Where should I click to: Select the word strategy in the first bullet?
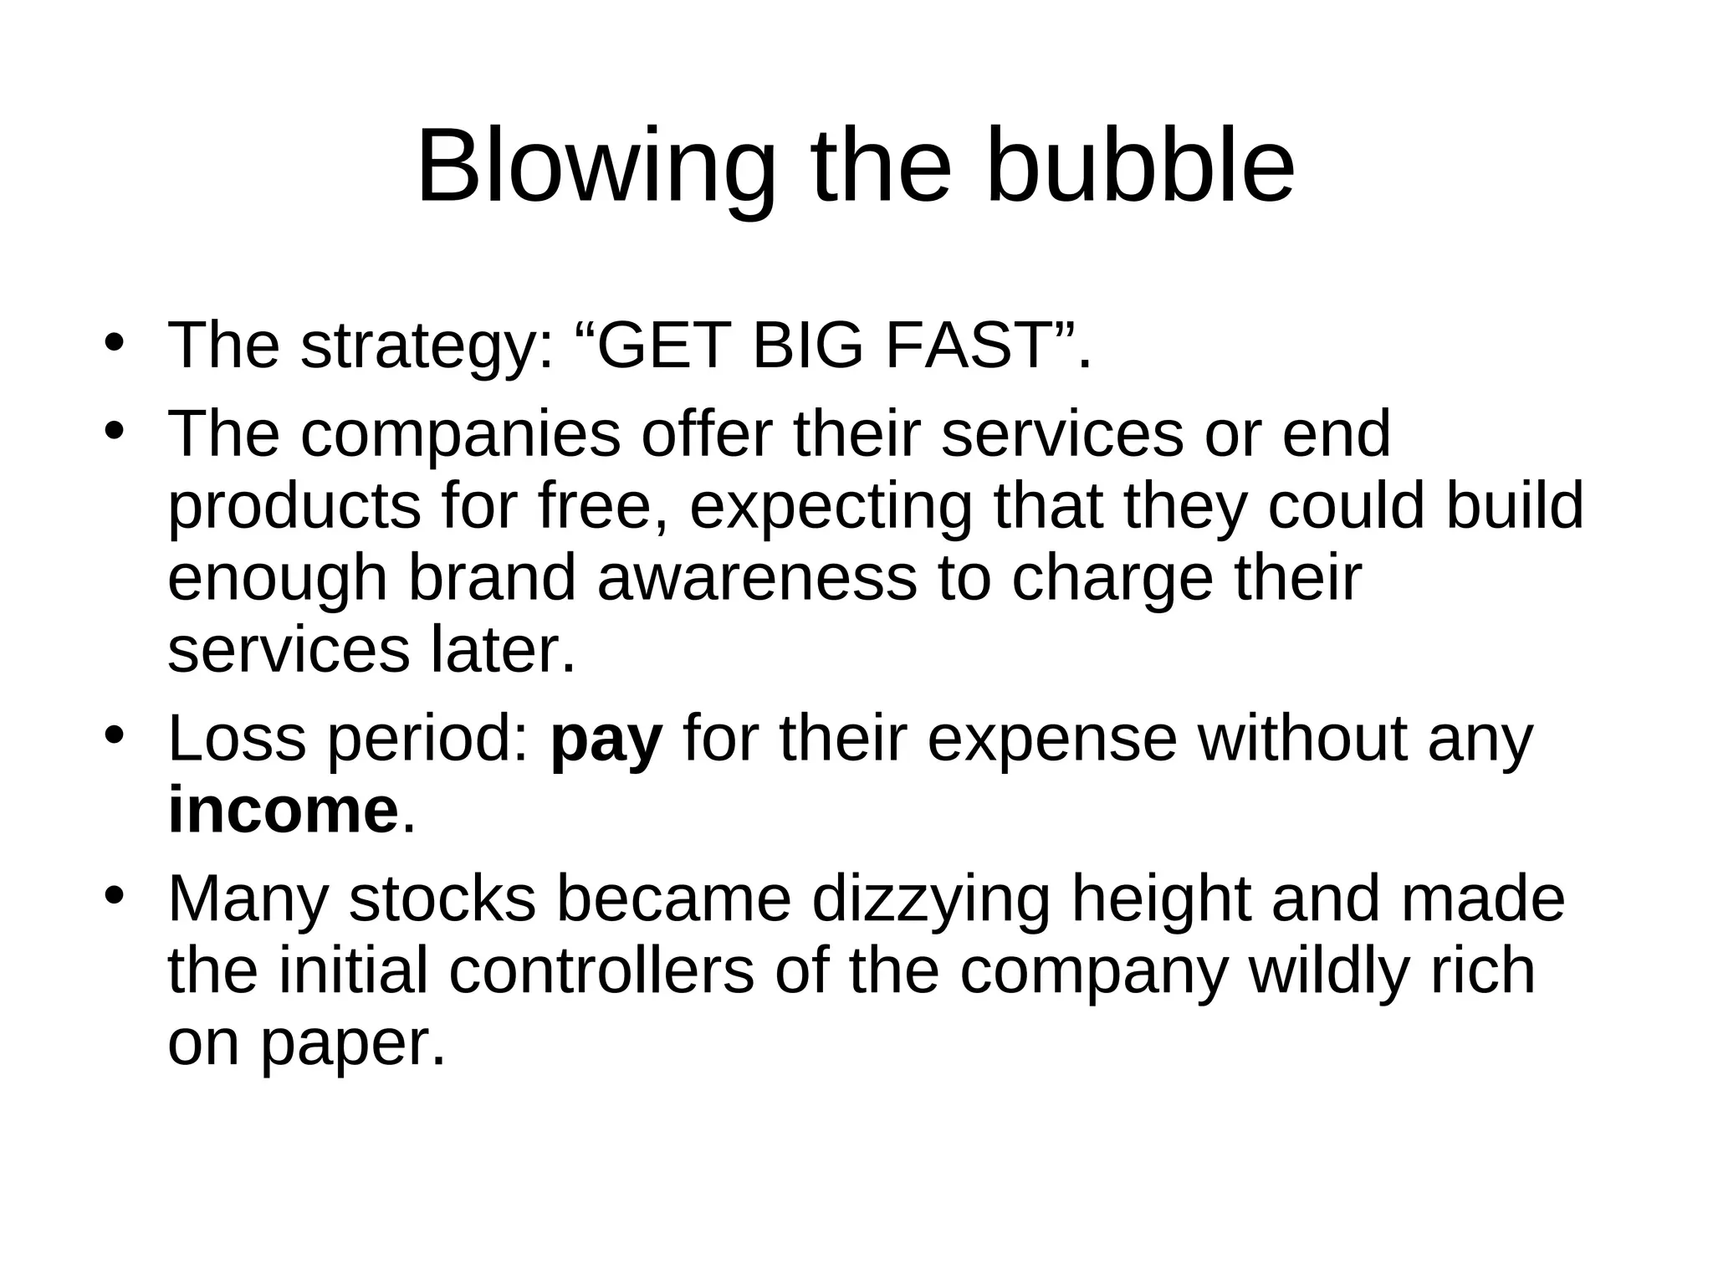click(427, 346)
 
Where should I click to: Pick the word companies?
click(461, 435)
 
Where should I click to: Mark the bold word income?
click(284, 811)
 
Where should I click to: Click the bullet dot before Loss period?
click(115, 737)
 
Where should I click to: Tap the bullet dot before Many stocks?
click(115, 896)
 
